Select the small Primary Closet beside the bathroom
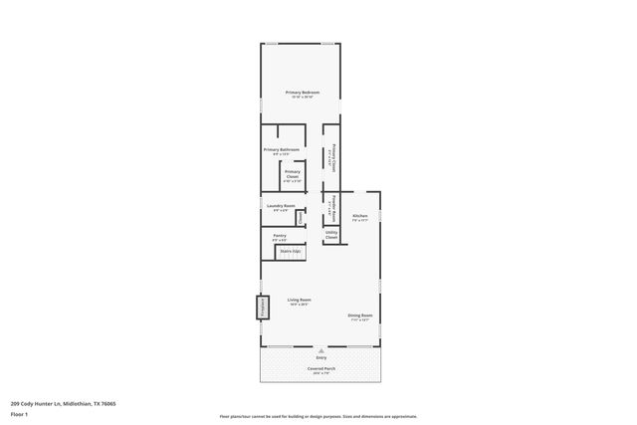[x=293, y=173]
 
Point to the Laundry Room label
[x=281, y=206]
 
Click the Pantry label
[x=280, y=236]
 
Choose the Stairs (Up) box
[x=291, y=252]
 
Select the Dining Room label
[x=359, y=316]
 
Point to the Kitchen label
[x=359, y=216]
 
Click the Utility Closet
[x=331, y=235]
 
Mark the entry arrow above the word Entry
[x=321, y=349]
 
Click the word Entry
[x=321, y=356]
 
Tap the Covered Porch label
[x=321, y=368]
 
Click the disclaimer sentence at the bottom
[x=318, y=416]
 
